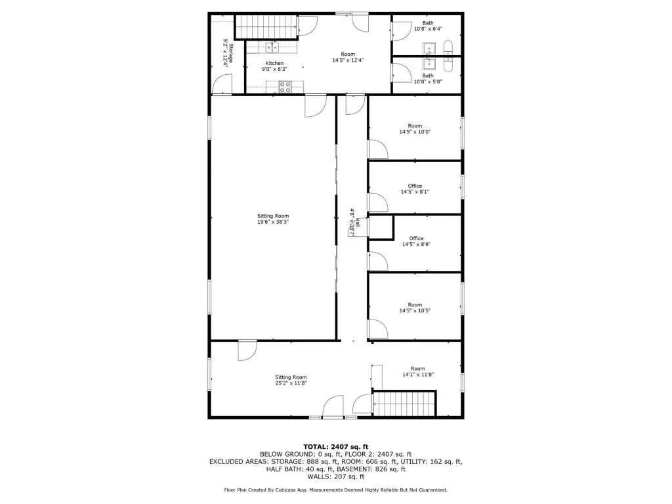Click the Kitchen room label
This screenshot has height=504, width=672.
coord(274,63)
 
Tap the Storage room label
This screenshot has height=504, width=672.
coord(230,53)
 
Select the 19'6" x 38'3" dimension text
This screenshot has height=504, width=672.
coord(273,222)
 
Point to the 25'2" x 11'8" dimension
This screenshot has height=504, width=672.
coord(291,383)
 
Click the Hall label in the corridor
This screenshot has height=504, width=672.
coord(358,222)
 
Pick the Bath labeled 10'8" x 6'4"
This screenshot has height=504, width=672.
coord(428,23)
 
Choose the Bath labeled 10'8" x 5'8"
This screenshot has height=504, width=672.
coord(428,76)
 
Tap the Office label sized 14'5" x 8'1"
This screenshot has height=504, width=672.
coord(415,186)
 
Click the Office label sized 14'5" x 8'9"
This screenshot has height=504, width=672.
coord(416,239)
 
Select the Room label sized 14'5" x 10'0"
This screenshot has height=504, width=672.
coord(415,126)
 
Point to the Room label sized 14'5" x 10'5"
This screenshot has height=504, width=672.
coord(415,304)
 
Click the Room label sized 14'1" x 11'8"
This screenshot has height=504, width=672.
coord(418,369)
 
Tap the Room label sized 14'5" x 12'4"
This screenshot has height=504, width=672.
coord(348,54)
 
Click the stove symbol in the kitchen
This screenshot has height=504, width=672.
coord(285,87)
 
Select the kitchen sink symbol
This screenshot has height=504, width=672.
coord(272,47)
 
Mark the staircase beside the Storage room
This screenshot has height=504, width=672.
coord(266,26)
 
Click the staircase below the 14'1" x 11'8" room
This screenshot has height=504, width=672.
coord(404,404)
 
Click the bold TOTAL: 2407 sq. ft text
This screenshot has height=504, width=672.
coord(336,446)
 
